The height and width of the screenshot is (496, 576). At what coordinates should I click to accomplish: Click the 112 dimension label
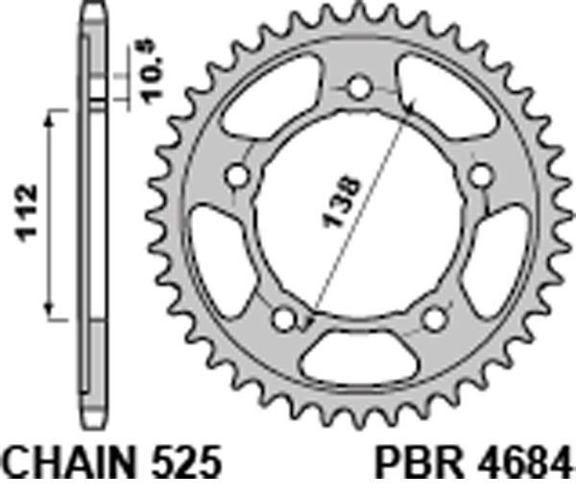26,214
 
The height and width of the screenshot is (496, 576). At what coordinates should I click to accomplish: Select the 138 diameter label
341,202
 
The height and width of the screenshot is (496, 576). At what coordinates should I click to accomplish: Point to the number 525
186,461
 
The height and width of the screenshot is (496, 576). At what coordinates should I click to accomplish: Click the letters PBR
419,461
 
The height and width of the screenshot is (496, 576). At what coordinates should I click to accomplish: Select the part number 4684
524,461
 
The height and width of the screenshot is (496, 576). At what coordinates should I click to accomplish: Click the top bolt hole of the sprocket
359,87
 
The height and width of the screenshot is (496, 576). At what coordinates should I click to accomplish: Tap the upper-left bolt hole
237,177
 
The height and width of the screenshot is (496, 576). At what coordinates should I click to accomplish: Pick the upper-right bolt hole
481,176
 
